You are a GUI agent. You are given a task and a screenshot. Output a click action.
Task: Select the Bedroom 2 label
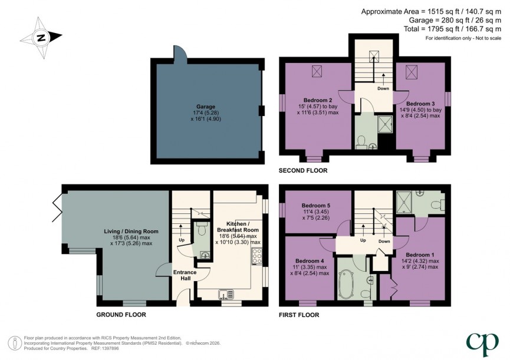click(x=318, y=100)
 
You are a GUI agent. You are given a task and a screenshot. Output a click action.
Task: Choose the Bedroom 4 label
click(x=309, y=261)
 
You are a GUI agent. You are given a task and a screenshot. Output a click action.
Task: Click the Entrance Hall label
click(x=185, y=275)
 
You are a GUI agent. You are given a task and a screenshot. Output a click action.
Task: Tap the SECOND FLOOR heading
click(x=303, y=171)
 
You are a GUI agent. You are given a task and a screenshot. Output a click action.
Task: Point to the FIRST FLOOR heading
click(x=299, y=315)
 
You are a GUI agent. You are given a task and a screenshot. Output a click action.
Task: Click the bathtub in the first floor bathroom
click(x=347, y=283)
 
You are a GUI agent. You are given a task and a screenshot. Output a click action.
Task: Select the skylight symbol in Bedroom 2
click(x=317, y=71)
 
